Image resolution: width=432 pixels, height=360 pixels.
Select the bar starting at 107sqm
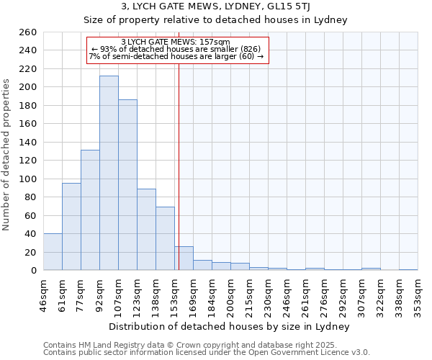pos(127,185)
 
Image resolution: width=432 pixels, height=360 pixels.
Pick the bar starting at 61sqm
pos(71,227)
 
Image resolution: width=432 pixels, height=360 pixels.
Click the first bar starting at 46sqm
pos(53,252)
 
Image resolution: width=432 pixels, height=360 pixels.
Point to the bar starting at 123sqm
pos(146,230)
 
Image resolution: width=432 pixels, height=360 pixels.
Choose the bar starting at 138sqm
pos(165,238)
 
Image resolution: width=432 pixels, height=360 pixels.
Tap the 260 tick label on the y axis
pos(27,32)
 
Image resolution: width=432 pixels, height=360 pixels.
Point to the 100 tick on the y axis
pos(27,179)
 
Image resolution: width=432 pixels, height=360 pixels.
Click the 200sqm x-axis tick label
pos(230,294)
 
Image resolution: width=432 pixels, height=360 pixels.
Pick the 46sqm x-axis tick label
pos(43,294)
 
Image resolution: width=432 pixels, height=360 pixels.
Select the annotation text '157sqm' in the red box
pos(216,42)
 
